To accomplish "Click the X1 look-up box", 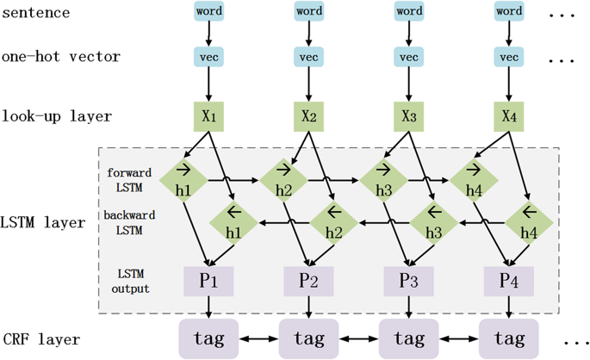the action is [x=208, y=116].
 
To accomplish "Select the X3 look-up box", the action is [x=408, y=116].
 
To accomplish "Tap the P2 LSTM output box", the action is [x=308, y=282].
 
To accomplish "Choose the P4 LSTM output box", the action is [x=509, y=282].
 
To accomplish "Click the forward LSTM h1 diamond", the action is [x=183, y=181].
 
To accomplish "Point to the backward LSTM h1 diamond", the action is [x=233, y=223].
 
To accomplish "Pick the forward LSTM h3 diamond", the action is [x=383, y=181].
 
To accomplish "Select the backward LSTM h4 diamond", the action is [x=529, y=223].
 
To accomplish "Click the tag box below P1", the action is [x=208, y=339].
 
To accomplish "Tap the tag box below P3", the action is [x=408, y=339].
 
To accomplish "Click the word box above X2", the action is [x=309, y=11].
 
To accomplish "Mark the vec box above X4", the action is [x=509, y=57].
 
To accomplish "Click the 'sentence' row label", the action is [x=36, y=13].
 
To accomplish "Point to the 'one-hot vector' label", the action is [x=61, y=57].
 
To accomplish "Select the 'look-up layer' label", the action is [x=57, y=116].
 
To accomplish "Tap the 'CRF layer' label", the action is [x=41, y=339].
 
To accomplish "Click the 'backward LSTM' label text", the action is [x=129, y=222].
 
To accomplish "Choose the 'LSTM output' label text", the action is [x=131, y=281].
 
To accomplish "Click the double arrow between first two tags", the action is [x=258, y=339].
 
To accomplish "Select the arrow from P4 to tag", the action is [x=509, y=307].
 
